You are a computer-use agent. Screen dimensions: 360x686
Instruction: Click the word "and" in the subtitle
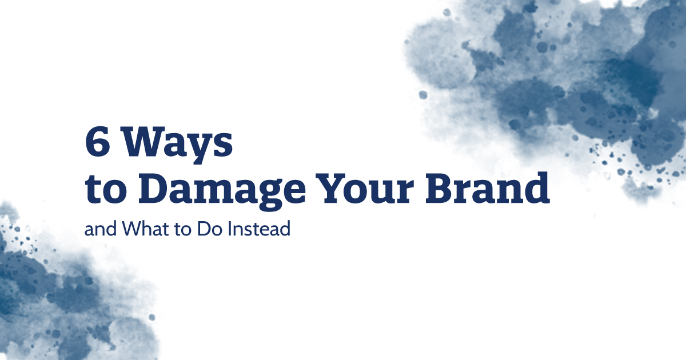95,230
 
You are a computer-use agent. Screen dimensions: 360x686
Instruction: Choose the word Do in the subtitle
197,230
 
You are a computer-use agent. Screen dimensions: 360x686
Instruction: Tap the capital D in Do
192,230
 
